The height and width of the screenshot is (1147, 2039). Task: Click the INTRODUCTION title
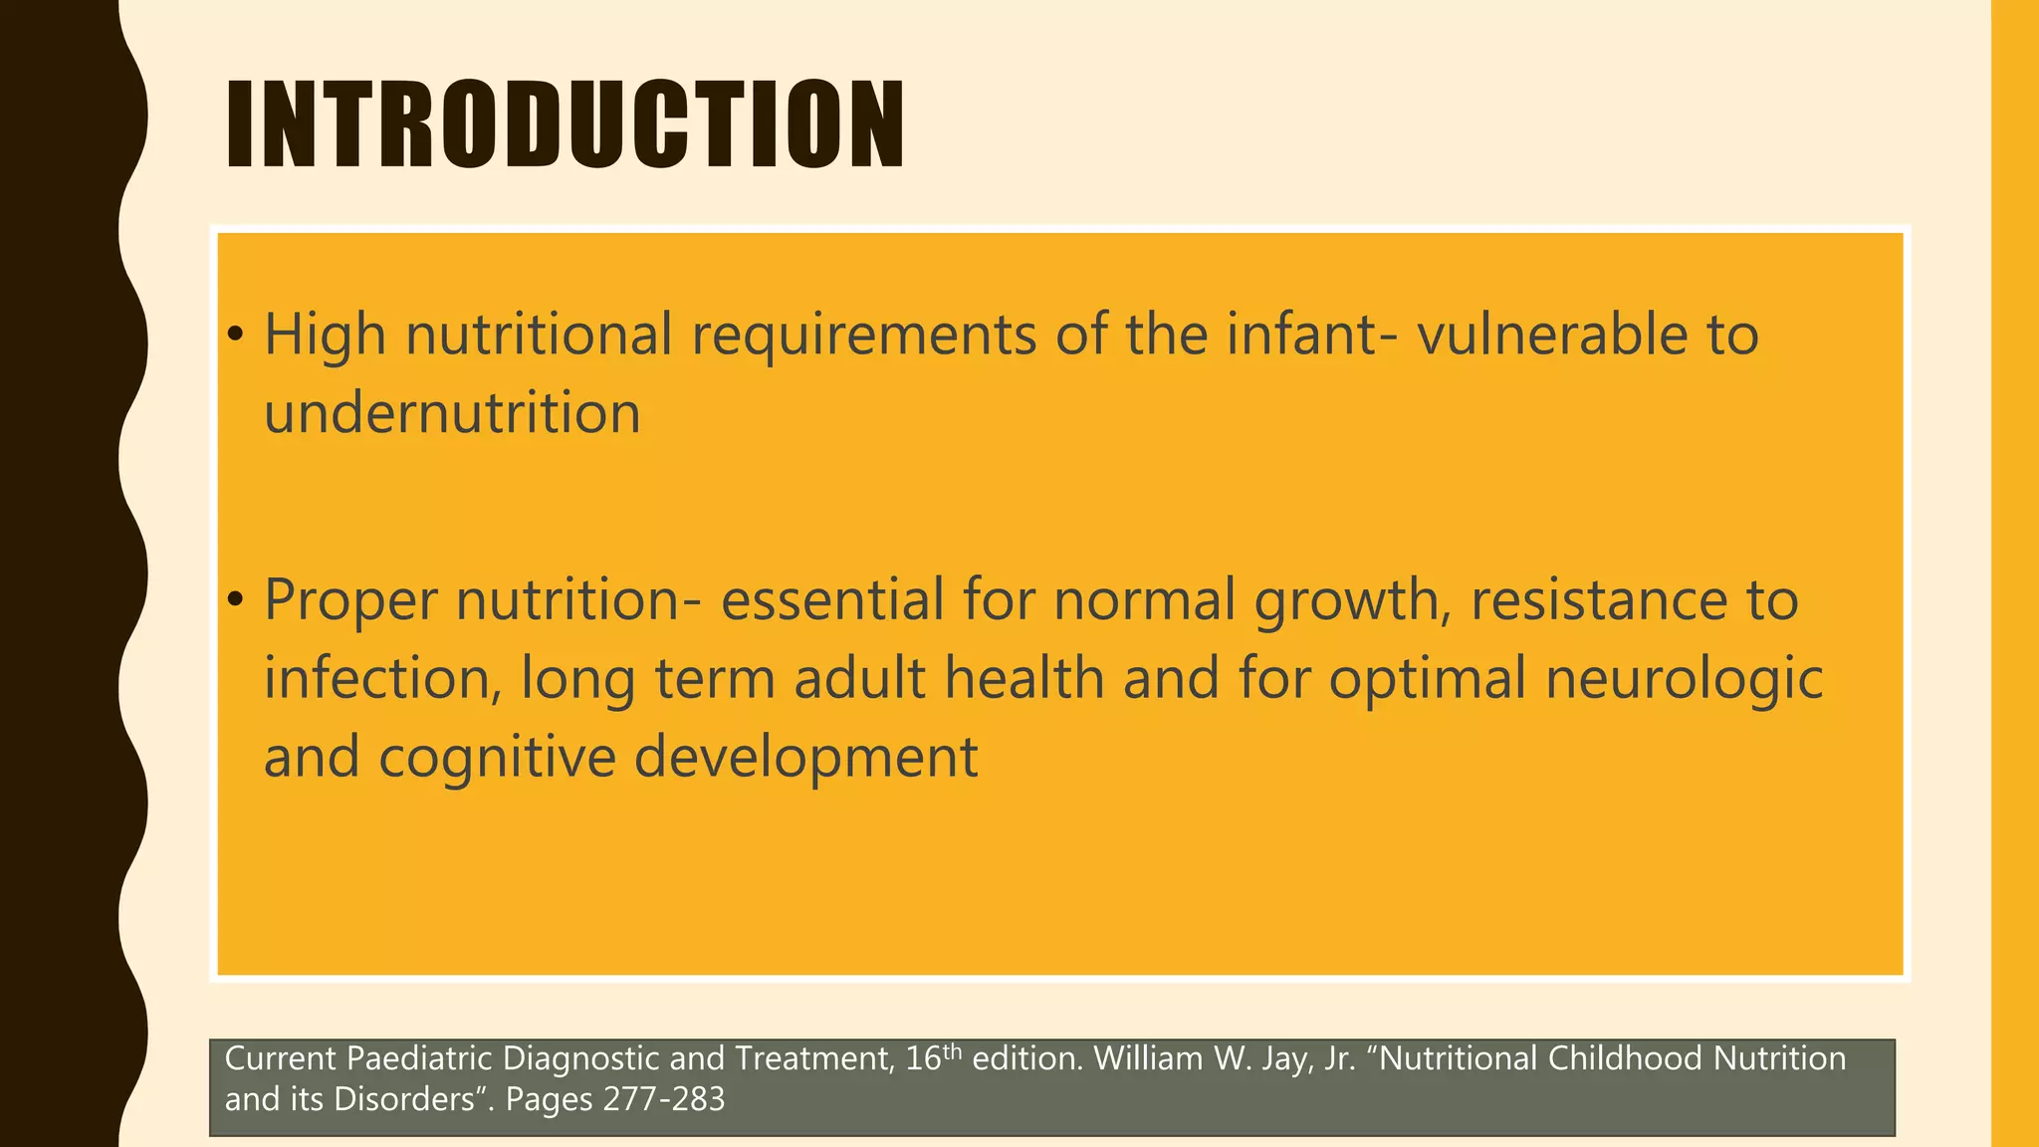pyautogui.click(x=565, y=124)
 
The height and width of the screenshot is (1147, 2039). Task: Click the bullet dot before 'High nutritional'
pyautogui.click(x=235, y=335)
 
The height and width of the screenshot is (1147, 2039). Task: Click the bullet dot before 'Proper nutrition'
pyautogui.click(x=235, y=600)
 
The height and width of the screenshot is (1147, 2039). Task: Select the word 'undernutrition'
pyautogui.click(x=452, y=412)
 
